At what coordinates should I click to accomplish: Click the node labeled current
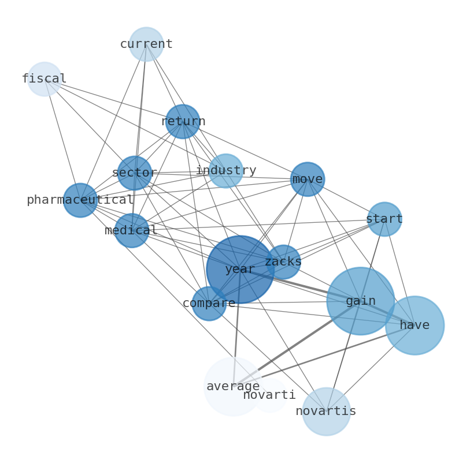point(146,44)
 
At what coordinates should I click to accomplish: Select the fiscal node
point(45,79)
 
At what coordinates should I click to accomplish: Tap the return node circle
point(183,121)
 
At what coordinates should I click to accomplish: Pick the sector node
point(135,173)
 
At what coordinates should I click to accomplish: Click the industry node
point(225,170)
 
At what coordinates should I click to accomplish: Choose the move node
point(308,179)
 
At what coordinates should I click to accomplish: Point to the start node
point(384,219)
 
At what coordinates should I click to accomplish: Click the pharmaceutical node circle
point(80,200)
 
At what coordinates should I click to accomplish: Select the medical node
point(132,230)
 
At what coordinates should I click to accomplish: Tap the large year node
point(240,269)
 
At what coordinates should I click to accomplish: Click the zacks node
point(283,261)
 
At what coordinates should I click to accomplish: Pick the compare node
point(209,303)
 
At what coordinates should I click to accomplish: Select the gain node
point(361,301)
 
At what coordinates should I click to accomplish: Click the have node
point(414,325)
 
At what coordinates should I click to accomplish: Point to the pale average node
point(233,386)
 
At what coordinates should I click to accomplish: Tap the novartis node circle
point(326,411)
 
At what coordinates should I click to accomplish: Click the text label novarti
point(269,395)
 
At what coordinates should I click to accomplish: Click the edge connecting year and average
point(236,335)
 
